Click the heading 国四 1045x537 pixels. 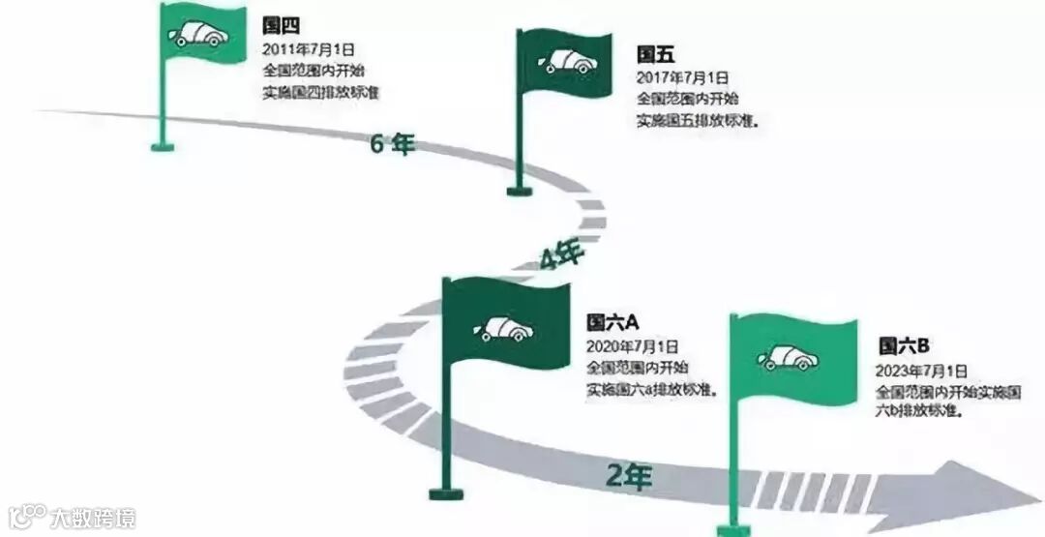(x=277, y=26)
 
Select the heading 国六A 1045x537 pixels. (x=608, y=322)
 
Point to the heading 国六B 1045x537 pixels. (x=903, y=345)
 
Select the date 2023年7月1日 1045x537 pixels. (x=921, y=370)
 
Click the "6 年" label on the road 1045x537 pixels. (x=392, y=144)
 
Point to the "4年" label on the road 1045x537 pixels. (x=561, y=257)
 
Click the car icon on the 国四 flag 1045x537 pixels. (x=199, y=33)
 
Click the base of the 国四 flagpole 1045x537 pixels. (x=163, y=147)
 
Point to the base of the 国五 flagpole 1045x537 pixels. (x=520, y=191)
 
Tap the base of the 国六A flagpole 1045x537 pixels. (x=446, y=493)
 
